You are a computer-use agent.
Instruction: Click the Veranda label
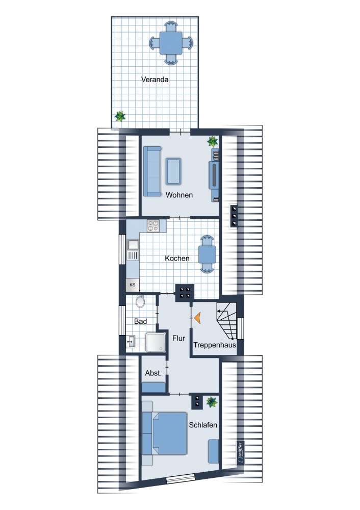tap(155, 80)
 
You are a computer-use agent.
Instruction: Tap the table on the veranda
tap(171, 43)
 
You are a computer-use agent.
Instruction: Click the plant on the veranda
tap(120, 116)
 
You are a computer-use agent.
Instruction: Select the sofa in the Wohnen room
tap(152, 171)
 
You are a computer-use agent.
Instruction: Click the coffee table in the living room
tap(173, 171)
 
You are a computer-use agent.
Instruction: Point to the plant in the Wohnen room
tap(213, 141)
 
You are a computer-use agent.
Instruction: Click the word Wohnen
tap(179, 195)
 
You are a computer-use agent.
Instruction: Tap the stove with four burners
tap(153, 226)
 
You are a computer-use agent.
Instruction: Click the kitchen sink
tap(133, 250)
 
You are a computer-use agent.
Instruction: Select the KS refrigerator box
tap(133, 285)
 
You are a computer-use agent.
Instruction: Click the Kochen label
tap(177, 258)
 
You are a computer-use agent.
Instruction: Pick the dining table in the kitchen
tap(207, 254)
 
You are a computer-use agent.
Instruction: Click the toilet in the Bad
tap(141, 302)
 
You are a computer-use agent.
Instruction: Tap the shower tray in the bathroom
tap(156, 342)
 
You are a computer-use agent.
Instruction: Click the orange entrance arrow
tap(197, 318)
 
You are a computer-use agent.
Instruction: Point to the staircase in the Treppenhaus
tap(226, 321)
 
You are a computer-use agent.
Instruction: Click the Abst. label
tap(153, 373)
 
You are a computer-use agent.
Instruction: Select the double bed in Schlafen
tap(165, 433)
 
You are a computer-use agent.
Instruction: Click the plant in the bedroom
tap(212, 402)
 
